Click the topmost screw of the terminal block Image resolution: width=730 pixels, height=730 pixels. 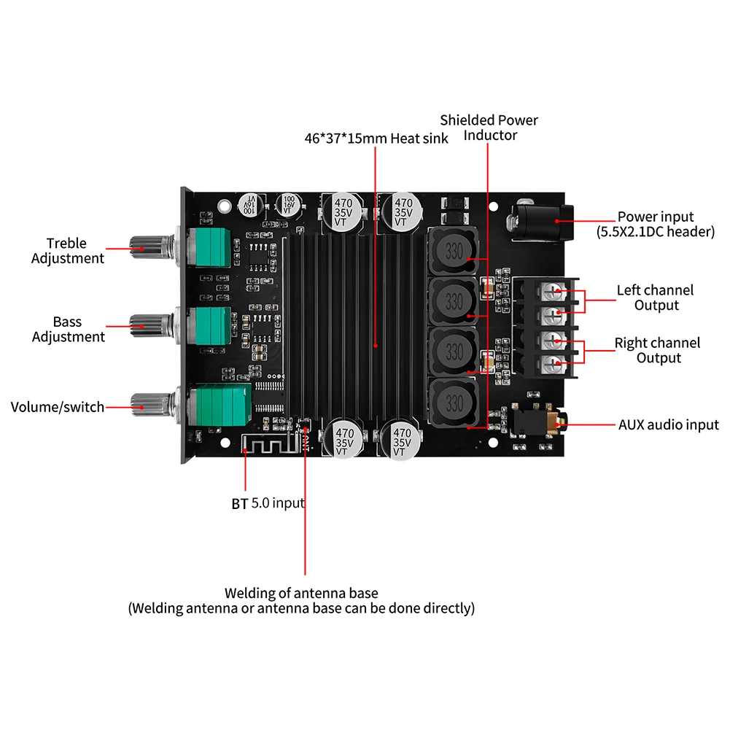click(557, 291)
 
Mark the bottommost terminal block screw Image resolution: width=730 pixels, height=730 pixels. click(557, 363)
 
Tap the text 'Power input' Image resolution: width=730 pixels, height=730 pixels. click(656, 217)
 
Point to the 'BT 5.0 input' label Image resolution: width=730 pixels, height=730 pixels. click(268, 502)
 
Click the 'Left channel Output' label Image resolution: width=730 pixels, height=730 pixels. click(656, 298)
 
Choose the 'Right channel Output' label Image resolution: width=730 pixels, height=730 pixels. click(657, 350)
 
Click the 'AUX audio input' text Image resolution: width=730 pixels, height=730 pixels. click(668, 424)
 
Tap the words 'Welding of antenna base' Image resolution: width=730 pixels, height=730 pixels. click(301, 593)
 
